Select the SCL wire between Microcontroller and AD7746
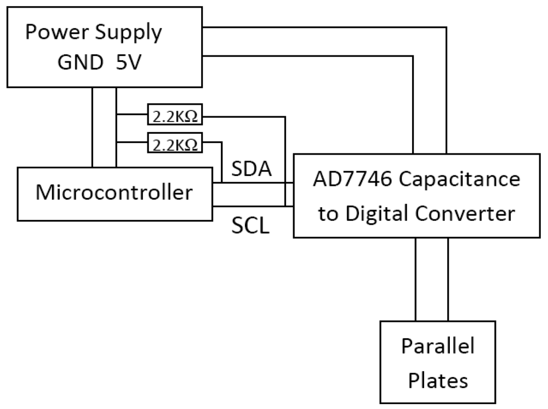[253, 207]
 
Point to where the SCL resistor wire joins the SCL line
[285, 207]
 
